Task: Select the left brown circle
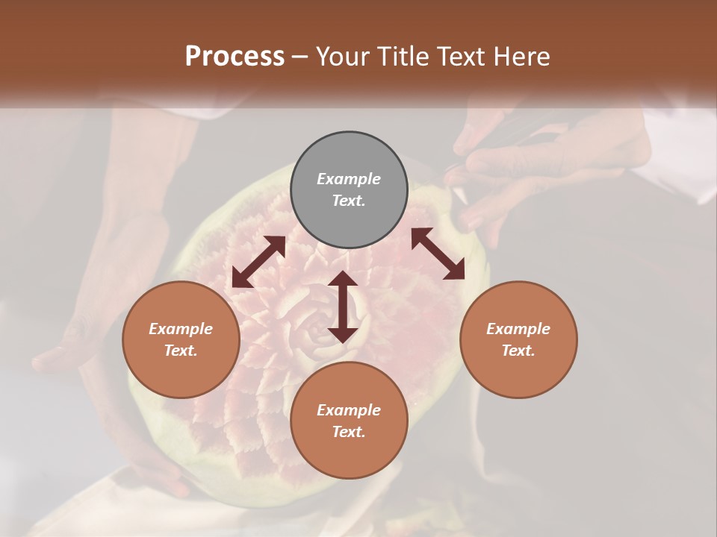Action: coord(181,339)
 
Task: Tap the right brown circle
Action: coord(518,339)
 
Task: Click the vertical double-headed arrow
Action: coord(342,307)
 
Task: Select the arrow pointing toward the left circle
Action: coord(258,262)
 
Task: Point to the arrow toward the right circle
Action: coord(438,254)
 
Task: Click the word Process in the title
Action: coord(235,56)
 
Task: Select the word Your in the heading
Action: coord(341,56)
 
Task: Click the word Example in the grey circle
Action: coord(349,179)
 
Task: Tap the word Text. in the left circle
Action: coord(181,351)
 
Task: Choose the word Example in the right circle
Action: coord(518,329)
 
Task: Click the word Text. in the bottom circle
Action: coord(349,432)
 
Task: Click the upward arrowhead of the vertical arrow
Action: coord(342,278)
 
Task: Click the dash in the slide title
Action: coord(299,57)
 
